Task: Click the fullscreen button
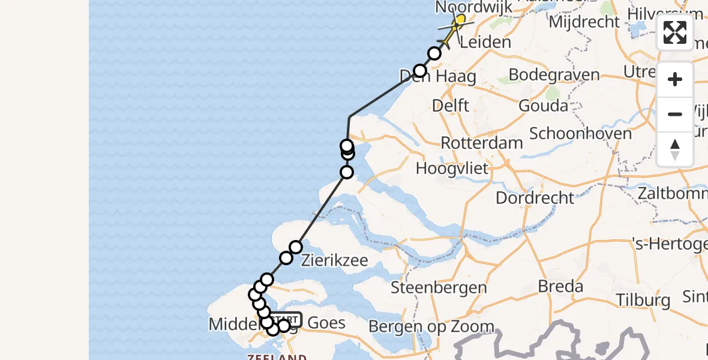[x=675, y=32]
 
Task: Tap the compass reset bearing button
[x=675, y=149]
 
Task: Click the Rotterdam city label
[x=482, y=143]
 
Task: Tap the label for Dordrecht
[x=535, y=197]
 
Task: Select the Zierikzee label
[x=334, y=260]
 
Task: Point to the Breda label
[x=560, y=286]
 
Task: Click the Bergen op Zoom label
[x=431, y=326]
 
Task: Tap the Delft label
[x=450, y=106]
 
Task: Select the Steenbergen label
[x=439, y=287]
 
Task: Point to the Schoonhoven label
[x=581, y=133]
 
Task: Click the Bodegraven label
[x=554, y=75]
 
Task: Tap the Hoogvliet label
[x=453, y=168]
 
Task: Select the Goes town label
[x=326, y=323]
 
